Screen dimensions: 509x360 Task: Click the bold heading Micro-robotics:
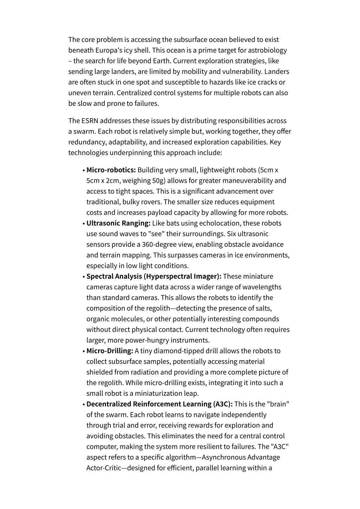pyautogui.click(x=111, y=170)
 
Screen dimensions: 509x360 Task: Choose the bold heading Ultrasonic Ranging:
pyautogui.click(x=118, y=223)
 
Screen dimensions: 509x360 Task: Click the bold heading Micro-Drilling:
pyautogui.click(x=110, y=351)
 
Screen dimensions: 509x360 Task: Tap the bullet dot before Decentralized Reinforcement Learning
pyautogui.click(x=84, y=405)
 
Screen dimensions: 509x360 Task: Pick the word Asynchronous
pyautogui.click(x=224, y=457)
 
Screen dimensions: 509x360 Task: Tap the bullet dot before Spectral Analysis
pyautogui.click(x=84, y=277)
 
